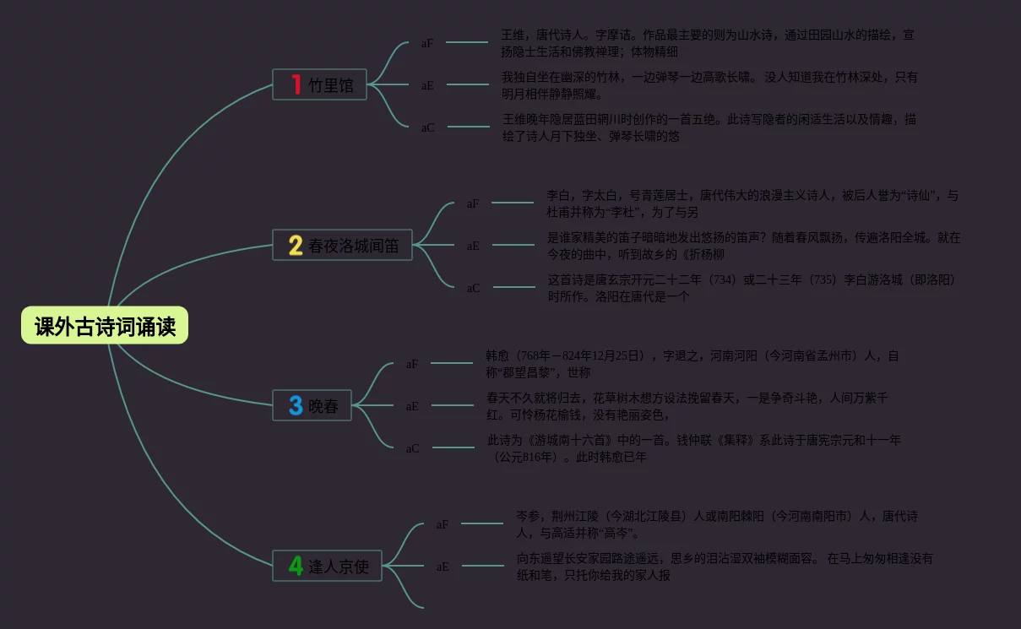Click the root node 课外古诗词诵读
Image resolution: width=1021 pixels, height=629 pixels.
105,326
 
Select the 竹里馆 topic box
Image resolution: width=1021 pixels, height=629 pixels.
319,84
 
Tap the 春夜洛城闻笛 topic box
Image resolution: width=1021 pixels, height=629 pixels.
342,245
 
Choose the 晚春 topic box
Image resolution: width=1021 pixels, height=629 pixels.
312,405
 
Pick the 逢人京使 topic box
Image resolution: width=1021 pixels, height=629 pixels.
327,565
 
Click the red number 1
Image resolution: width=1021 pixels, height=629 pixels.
296,84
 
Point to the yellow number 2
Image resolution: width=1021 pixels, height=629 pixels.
296,245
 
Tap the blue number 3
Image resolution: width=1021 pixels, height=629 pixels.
296,405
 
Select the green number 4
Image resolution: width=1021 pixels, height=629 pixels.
296,565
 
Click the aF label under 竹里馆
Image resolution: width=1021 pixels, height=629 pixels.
427,43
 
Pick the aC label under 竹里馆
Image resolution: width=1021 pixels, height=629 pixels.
427,127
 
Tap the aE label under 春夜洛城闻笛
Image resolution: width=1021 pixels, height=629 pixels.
473,246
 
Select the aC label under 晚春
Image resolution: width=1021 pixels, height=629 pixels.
412,448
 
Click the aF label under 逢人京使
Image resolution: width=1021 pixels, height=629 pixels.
443,524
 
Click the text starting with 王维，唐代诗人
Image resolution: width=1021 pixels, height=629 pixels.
708,43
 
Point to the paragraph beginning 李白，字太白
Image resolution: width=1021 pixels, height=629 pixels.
752,203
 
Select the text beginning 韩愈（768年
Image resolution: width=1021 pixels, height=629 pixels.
692,364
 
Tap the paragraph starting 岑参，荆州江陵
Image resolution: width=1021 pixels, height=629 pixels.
717,523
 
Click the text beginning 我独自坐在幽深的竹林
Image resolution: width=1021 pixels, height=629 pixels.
709,84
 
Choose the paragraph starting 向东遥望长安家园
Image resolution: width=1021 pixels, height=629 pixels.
725,566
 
